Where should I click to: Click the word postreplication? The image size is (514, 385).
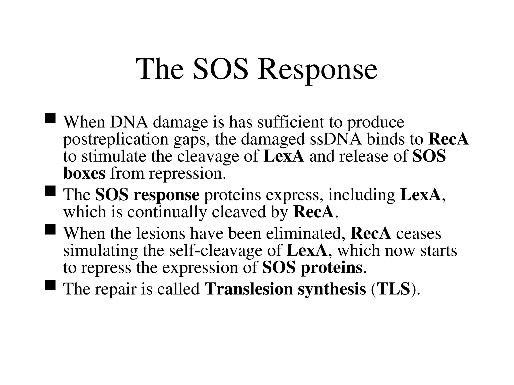click(x=116, y=139)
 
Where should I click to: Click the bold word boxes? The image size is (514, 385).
click(x=84, y=173)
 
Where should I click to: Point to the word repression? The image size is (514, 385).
click(x=187, y=174)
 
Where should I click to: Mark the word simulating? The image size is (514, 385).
click(x=100, y=251)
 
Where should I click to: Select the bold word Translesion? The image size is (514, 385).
click(x=249, y=289)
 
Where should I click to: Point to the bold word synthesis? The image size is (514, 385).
click(x=332, y=289)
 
